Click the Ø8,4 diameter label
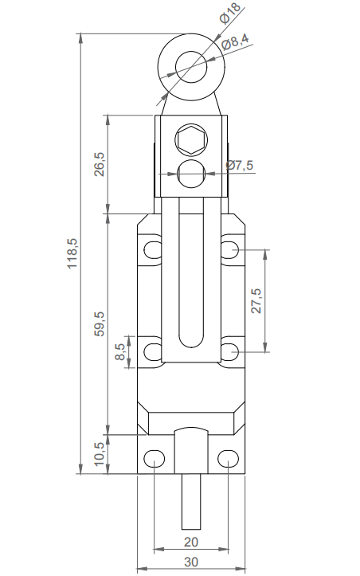tap(237, 41)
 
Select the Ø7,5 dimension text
tap(240, 165)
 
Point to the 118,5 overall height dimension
tap(72, 254)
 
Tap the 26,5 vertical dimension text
tap(99, 166)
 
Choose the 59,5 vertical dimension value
tap(99, 323)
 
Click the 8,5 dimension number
tap(120, 351)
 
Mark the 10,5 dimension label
tap(99, 456)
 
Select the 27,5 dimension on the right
tap(256, 301)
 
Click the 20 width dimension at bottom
tap(190, 542)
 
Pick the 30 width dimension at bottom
tap(190, 562)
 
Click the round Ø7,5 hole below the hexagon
tap(191, 172)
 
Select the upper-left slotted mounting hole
tap(152, 250)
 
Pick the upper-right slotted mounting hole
tap(230, 250)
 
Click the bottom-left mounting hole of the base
tap(154, 458)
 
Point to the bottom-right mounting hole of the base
tap(228, 458)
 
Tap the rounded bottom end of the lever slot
tap(191, 341)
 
